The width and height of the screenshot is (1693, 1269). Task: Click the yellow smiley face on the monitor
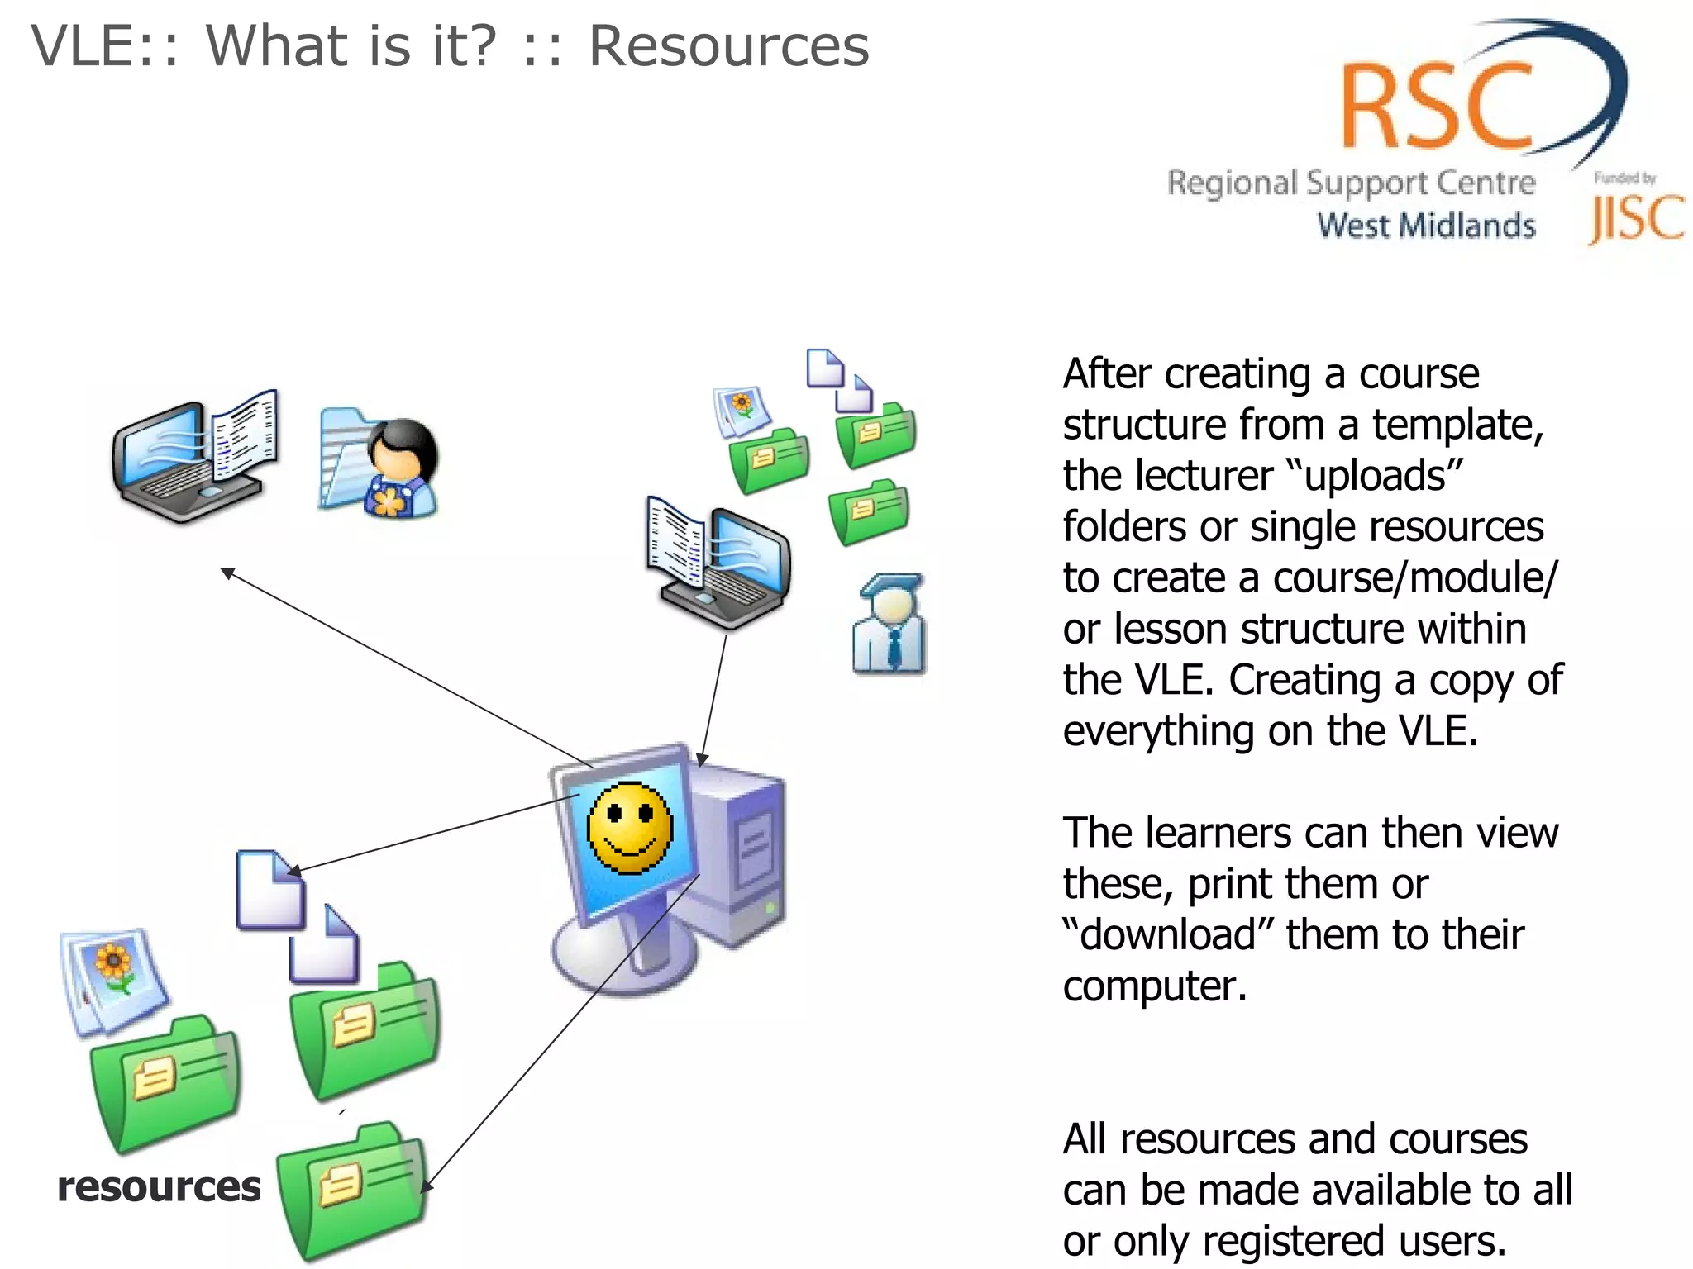[630, 827]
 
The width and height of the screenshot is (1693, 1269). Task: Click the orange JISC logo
[1636, 219]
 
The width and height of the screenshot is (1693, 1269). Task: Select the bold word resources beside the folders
[159, 1187]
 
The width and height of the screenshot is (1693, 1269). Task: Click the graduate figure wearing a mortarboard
[889, 625]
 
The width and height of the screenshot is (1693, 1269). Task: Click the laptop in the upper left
[194, 459]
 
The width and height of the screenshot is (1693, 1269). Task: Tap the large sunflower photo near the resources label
[114, 979]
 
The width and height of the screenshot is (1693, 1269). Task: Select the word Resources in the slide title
[728, 46]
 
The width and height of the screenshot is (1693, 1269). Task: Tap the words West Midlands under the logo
[1426, 226]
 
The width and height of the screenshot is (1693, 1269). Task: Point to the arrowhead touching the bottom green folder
[425, 1186]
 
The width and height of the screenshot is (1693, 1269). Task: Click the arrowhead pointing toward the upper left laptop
[227, 573]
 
